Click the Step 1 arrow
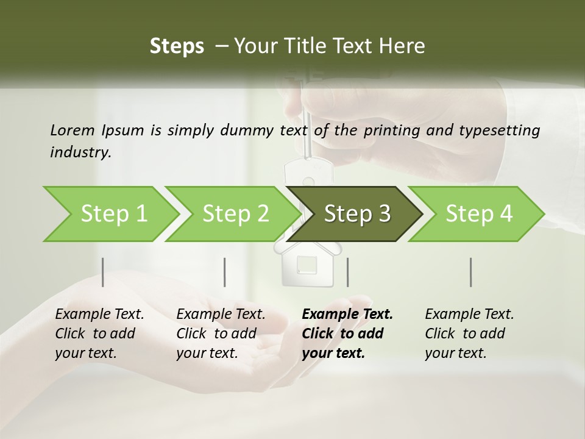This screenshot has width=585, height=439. pyautogui.click(x=113, y=214)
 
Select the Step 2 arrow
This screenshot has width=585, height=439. pyautogui.click(x=235, y=214)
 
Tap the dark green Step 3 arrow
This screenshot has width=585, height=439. pyautogui.click(x=356, y=214)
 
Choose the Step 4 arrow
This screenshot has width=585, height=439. pyautogui.click(x=478, y=214)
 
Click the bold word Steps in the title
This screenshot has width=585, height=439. pyautogui.click(x=177, y=46)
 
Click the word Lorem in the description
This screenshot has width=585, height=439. pyautogui.click(x=72, y=130)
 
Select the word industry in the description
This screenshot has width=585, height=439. pyautogui.click(x=80, y=152)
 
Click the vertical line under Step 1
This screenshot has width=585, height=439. pyautogui.click(x=103, y=272)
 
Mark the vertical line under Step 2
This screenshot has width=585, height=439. pyautogui.click(x=225, y=272)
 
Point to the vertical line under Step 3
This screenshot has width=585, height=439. pyautogui.click(x=347, y=272)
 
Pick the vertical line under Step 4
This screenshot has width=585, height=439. pyautogui.click(x=471, y=272)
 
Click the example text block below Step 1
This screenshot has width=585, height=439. pyautogui.click(x=99, y=334)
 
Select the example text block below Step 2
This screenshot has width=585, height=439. pyautogui.click(x=221, y=334)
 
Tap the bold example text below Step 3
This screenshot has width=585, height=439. pyautogui.click(x=347, y=334)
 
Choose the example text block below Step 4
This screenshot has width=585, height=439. pyautogui.click(x=469, y=334)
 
